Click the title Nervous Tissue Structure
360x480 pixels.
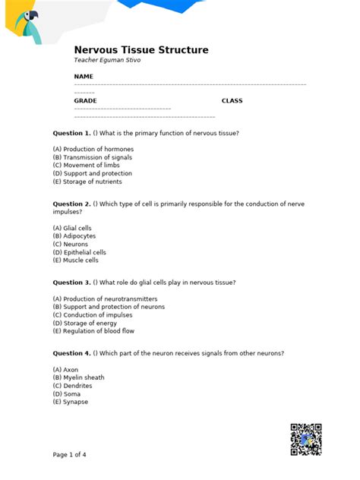click(x=141, y=50)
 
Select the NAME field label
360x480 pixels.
click(x=84, y=77)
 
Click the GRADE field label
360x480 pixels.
click(x=85, y=101)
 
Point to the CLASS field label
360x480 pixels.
click(x=232, y=101)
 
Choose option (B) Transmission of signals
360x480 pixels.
click(x=92, y=158)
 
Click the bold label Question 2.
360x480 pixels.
click(x=71, y=204)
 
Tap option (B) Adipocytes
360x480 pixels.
click(x=74, y=236)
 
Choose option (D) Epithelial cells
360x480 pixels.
click(x=79, y=252)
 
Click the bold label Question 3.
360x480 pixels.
click(x=71, y=283)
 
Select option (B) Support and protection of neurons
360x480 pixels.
click(x=108, y=307)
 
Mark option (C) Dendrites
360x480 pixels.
click(x=73, y=386)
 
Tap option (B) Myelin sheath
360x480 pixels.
click(x=78, y=377)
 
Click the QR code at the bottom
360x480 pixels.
click(x=306, y=438)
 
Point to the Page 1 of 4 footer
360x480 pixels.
click(x=69, y=455)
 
